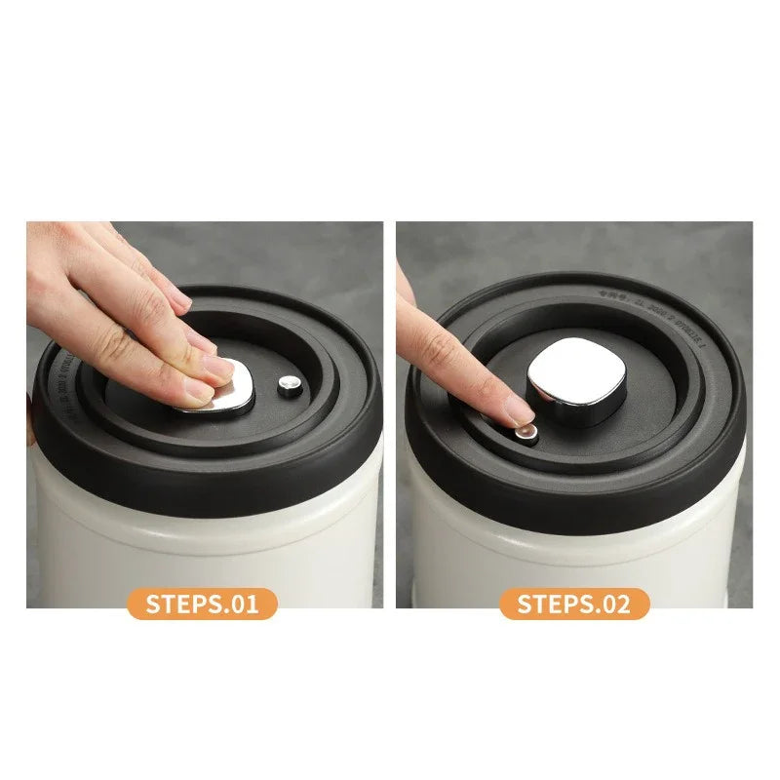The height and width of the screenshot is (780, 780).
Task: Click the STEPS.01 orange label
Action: (203, 604)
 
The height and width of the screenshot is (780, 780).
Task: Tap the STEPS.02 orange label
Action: (574, 604)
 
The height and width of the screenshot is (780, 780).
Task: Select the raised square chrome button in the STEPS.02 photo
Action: (576, 380)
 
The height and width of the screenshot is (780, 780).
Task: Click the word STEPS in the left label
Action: (181, 604)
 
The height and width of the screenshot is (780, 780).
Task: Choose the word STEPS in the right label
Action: (553, 604)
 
